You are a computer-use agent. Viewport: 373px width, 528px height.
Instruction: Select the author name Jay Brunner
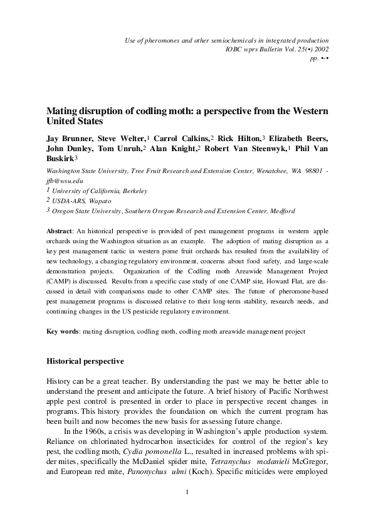(67, 137)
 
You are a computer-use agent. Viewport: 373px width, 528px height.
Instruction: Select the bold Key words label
(64, 330)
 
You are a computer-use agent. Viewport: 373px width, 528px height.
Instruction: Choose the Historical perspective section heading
(86, 361)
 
